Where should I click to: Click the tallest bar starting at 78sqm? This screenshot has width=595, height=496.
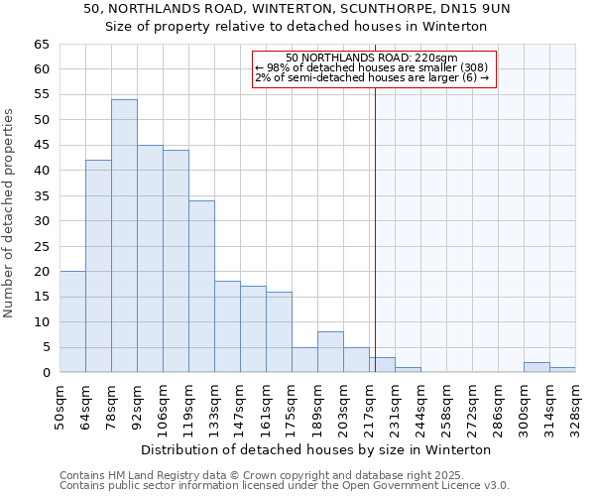tap(124, 236)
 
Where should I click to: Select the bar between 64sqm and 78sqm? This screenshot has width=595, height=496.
tap(98, 266)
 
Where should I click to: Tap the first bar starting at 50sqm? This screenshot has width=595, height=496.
tap(72, 321)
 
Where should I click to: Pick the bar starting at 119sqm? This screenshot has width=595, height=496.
tap(201, 287)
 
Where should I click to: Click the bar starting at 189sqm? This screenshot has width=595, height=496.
tap(330, 352)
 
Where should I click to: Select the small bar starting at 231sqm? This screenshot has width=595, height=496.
tap(408, 370)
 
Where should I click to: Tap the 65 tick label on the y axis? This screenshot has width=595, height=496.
tap(42, 45)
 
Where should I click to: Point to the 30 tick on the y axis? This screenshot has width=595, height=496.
tap(42, 221)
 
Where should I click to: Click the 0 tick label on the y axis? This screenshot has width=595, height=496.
tap(46, 373)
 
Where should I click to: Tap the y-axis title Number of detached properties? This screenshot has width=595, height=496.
tap(10, 213)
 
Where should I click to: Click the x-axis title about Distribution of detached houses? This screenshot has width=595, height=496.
tap(316, 449)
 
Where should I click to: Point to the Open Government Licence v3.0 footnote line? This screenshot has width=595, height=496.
tap(285, 486)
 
